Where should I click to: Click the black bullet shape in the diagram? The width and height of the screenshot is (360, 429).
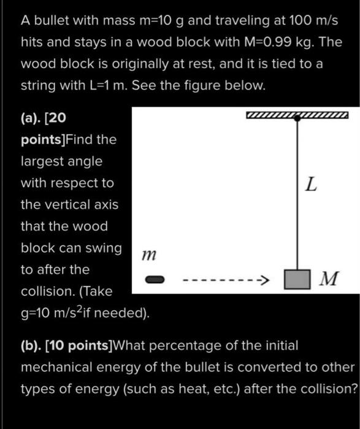point(155,280)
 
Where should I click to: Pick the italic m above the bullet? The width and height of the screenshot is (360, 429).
point(147,253)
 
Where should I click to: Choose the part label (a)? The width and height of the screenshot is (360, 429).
point(32,118)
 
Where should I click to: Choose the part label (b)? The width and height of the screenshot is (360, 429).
point(31,346)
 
